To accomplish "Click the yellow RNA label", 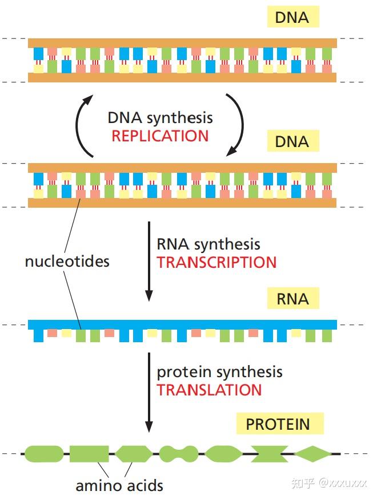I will pyautogui.click(x=292, y=299).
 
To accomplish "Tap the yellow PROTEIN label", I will pyautogui.click(x=279, y=424).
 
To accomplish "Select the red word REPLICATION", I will pyautogui.click(x=160, y=136).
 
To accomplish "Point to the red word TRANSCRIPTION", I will pyautogui.click(x=216, y=263).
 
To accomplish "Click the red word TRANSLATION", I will pyautogui.click(x=209, y=390).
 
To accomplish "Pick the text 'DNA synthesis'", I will pyautogui.click(x=160, y=118).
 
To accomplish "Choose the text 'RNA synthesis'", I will pyautogui.click(x=208, y=245).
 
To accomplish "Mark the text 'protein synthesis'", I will pyautogui.click(x=219, y=372).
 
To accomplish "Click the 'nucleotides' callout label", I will pyautogui.click(x=67, y=262).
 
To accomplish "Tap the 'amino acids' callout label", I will pyautogui.click(x=119, y=486).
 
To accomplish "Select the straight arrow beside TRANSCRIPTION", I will pyautogui.click(x=149, y=260).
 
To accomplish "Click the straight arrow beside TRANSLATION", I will pyautogui.click(x=149, y=392).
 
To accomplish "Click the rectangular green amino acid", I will pyautogui.click(x=89, y=454).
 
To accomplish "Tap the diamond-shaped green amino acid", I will pyautogui.click(x=312, y=454).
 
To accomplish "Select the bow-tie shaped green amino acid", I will pyautogui.click(x=268, y=454).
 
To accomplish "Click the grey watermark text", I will pyautogui.click(x=328, y=484).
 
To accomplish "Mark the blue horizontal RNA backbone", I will pyautogui.click(x=182, y=324).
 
